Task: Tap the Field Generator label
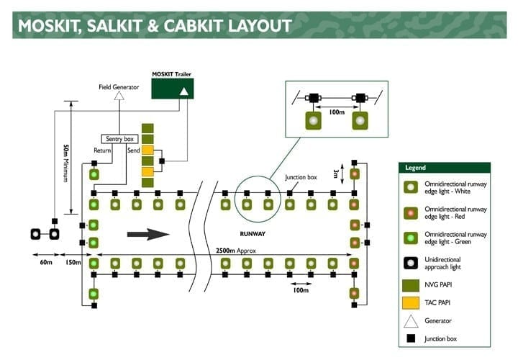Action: (119, 87)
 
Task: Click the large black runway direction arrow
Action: (147, 233)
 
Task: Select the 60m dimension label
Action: (45, 262)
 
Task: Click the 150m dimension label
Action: (72, 262)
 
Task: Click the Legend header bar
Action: (444, 167)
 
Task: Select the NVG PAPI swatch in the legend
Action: (411, 284)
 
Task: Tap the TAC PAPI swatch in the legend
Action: (411, 302)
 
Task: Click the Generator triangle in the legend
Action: (411, 320)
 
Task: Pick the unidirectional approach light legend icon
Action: (411, 262)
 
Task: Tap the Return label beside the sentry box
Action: (102, 150)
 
